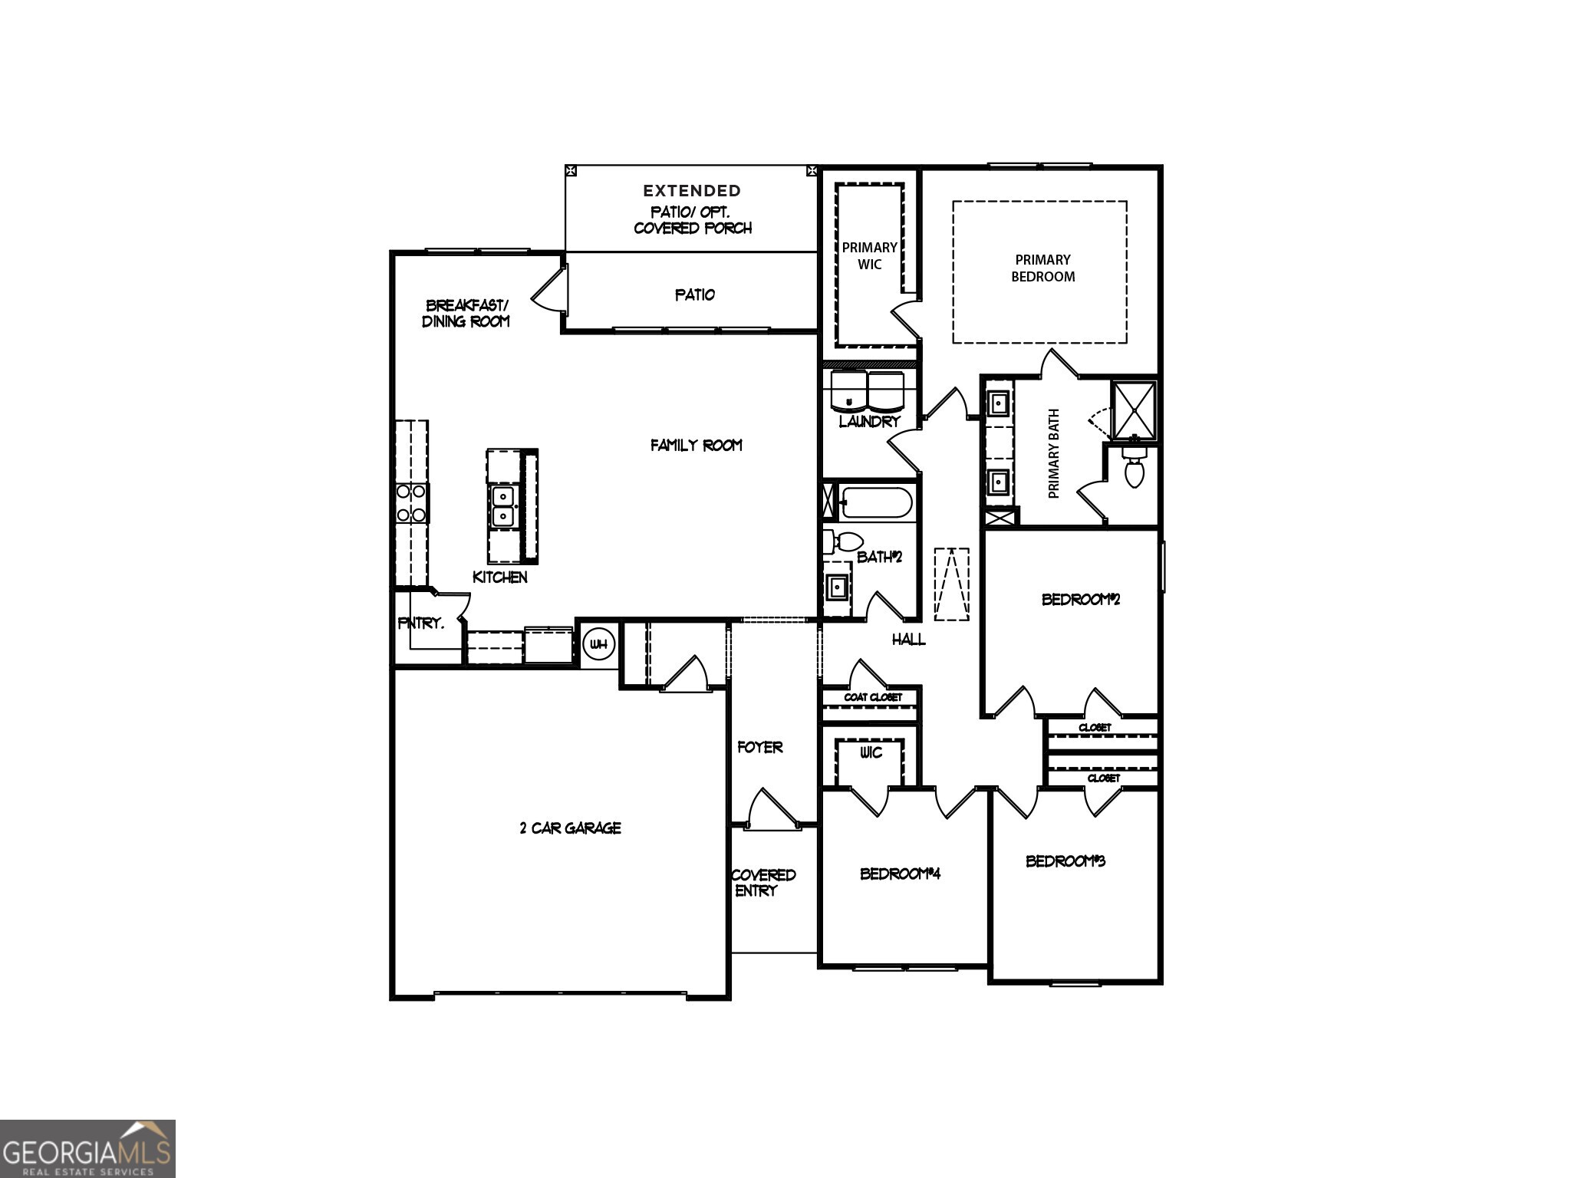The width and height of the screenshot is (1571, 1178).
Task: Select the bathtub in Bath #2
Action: pyautogui.click(x=875, y=503)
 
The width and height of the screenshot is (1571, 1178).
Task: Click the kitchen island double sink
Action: pyautogui.click(x=502, y=506)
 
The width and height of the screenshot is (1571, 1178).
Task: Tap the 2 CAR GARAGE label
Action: pyautogui.click(x=570, y=828)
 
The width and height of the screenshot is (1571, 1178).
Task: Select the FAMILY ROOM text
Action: pyautogui.click(x=696, y=446)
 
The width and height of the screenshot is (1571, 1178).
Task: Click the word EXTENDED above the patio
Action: pyautogui.click(x=691, y=191)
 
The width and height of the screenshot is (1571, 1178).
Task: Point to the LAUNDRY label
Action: pyautogui.click(x=869, y=422)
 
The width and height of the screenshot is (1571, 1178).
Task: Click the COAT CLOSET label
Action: pyautogui.click(x=873, y=697)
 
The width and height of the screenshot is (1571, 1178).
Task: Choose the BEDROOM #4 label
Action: pyautogui.click(x=900, y=874)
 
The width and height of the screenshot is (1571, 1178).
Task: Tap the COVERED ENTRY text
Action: pyautogui.click(x=762, y=883)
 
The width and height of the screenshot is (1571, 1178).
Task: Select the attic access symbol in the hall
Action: pyautogui.click(x=951, y=584)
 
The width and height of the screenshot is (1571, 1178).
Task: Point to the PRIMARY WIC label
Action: pyautogui.click(x=869, y=256)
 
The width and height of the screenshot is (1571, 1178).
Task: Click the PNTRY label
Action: pyautogui.click(x=420, y=624)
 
